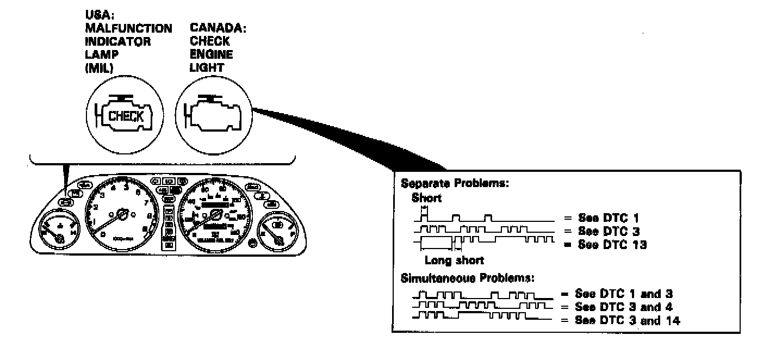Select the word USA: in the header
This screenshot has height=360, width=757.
pos(96,16)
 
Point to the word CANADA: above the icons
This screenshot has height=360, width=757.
pos(218,28)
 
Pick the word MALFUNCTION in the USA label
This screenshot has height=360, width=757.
pos(129,28)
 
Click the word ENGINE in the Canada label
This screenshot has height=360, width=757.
pos(212,55)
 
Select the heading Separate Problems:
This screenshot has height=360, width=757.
pos(446,183)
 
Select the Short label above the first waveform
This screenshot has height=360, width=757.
pos(426,198)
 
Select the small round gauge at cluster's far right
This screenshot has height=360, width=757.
pos(278,232)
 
